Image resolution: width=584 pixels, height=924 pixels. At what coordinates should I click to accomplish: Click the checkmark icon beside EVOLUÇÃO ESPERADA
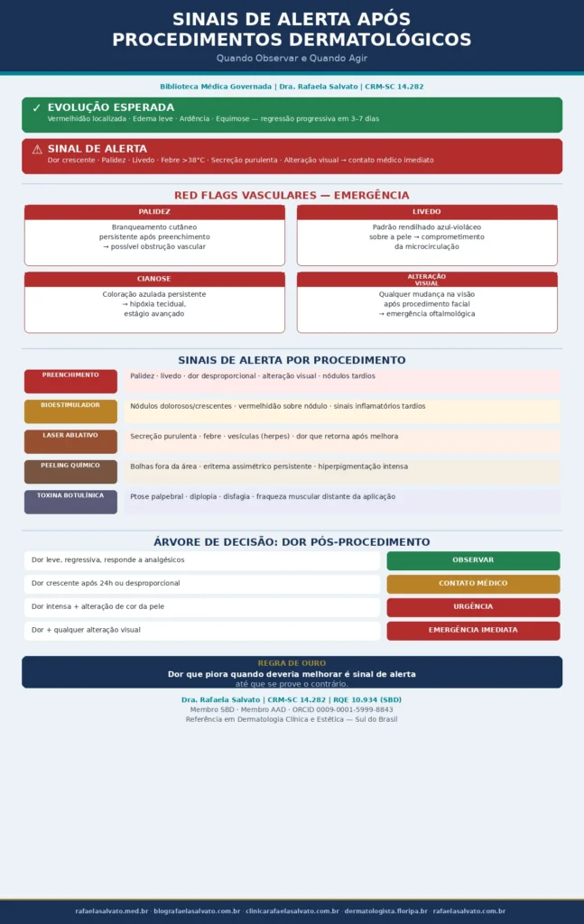tap(36, 107)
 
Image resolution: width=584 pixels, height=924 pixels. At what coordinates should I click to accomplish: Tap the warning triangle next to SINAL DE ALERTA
tap(36, 149)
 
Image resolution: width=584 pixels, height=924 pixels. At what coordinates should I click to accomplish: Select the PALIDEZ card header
tap(154, 212)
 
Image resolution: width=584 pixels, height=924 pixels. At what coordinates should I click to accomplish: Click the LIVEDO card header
tap(427, 212)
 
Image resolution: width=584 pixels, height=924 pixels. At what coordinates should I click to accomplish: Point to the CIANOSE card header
tap(154, 279)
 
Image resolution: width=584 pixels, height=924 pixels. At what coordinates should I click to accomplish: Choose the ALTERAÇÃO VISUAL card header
tap(427, 279)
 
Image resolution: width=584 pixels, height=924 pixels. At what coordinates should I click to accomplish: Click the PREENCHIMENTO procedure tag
tap(70, 381)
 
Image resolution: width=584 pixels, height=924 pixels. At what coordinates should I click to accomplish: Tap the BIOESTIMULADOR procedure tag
tap(70, 411)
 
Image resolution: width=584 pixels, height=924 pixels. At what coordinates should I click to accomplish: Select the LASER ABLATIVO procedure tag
tap(70, 441)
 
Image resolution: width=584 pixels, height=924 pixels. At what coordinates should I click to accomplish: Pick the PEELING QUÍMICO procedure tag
tap(70, 472)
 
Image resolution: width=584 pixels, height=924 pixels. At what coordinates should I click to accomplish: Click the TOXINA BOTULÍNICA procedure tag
tap(70, 502)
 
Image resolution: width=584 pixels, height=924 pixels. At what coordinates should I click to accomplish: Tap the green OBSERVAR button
tap(473, 560)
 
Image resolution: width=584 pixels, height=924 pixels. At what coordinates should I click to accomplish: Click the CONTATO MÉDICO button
tap(473, 584)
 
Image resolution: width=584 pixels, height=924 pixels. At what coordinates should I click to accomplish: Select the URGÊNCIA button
tap(473, 607)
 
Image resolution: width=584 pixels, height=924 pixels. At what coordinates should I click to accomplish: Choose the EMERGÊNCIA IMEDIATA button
tap(473, 630)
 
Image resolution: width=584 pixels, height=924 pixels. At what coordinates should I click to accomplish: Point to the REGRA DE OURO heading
tap(292, 663)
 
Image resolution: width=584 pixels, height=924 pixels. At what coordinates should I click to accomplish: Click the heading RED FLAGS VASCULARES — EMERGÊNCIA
tap(292, 196)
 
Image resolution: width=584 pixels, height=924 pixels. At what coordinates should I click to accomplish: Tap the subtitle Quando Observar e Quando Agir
tap(292, 58)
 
